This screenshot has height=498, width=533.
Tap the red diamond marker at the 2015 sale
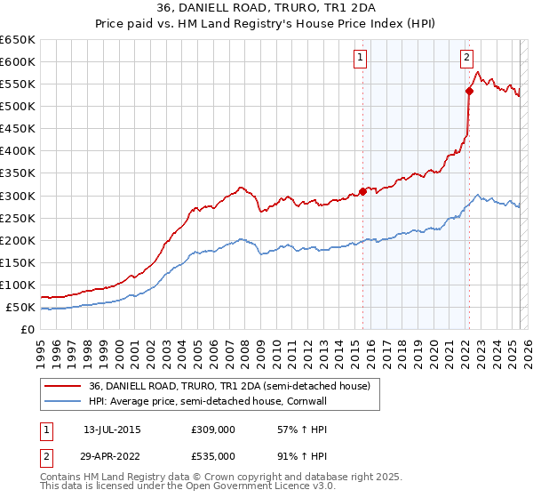(362, 191)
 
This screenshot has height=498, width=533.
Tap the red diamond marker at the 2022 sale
(469, 90)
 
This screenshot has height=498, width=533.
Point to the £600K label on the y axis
(18, 61)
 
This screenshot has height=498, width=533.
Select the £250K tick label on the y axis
(18, 218)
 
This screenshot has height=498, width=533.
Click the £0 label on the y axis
(28, 330)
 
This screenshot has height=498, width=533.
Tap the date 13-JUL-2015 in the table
(112, 430)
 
